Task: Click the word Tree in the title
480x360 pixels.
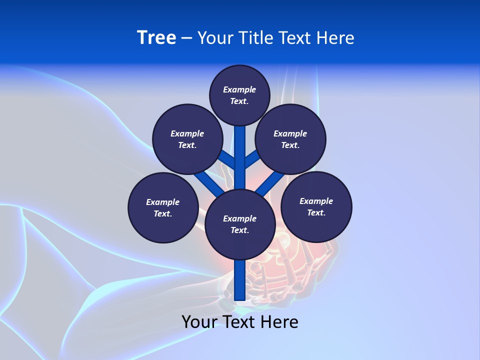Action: click(x=156, y=37)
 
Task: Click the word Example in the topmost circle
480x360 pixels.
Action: click(x=239, y=89)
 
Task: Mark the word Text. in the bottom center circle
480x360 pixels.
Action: click(x=239, y=230)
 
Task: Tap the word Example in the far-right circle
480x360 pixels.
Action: click(x=316, y=201)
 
